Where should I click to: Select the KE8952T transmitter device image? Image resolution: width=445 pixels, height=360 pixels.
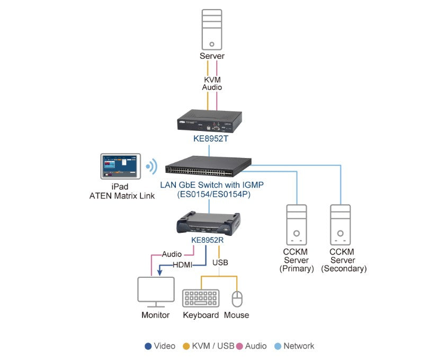(209, 120)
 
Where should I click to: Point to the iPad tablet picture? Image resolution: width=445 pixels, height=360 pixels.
(120, 167)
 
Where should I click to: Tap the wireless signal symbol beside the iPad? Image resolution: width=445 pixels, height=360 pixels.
(152, 167)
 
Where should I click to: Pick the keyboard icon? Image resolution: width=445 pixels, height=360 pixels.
(201, 298)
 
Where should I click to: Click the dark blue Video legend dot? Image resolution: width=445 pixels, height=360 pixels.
(148, 346)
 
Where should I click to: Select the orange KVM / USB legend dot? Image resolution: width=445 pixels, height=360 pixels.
(185, 346)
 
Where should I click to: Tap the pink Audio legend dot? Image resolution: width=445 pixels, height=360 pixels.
(239, 346)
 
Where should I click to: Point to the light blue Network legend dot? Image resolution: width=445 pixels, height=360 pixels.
(277, 346)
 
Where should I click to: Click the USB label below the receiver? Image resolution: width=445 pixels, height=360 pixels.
(220, 262)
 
